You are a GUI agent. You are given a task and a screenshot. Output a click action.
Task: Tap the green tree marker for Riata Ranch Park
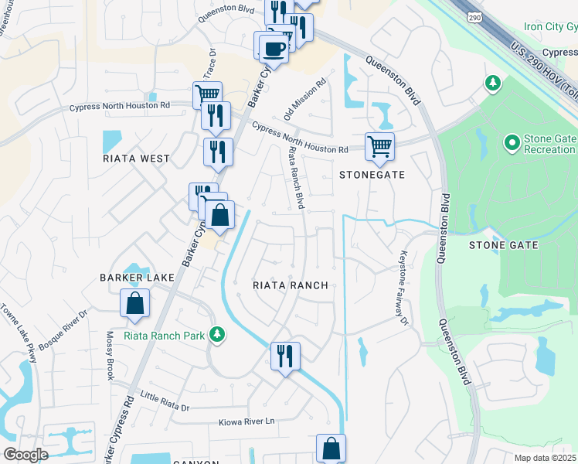[x=219, y=333]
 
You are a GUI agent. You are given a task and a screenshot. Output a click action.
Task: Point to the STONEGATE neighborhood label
[x=372, y=175]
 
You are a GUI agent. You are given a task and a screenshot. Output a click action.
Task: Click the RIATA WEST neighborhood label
[x=136, y=159]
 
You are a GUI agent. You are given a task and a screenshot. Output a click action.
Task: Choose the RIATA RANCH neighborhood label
[x=291, y=285]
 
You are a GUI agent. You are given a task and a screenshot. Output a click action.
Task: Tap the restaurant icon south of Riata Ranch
[x=285, y=356]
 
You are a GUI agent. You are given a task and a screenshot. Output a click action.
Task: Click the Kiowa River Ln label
[x=247, y=421]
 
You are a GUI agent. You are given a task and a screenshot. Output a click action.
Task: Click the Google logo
[x=26, y=455]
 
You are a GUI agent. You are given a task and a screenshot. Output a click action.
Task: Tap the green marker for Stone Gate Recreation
[x=511, y=142]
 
